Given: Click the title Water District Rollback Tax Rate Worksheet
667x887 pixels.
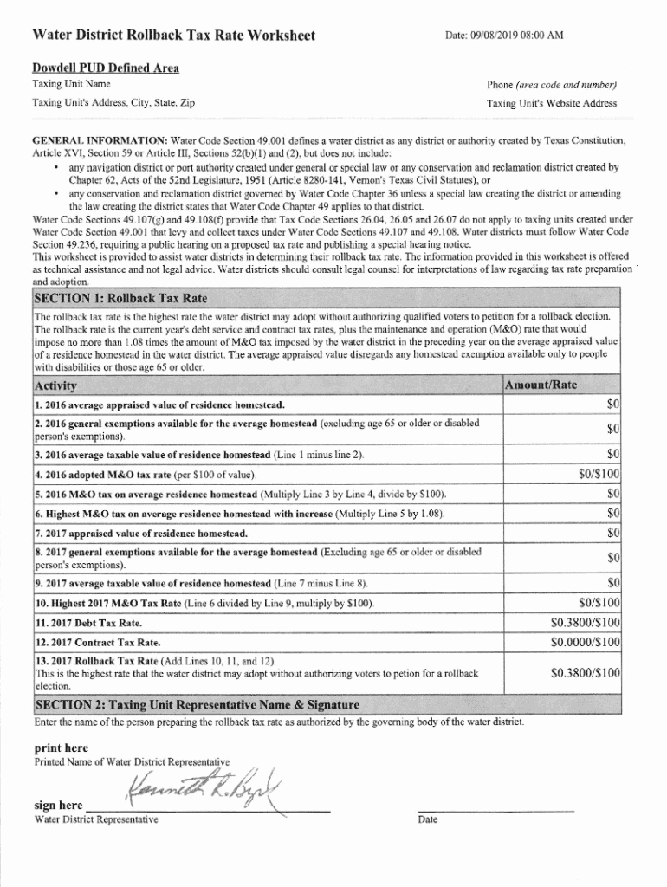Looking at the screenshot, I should (x=173, y=36).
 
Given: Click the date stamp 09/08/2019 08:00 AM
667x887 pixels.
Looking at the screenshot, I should (x=503, y=36).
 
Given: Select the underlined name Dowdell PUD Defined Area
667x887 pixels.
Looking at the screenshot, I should (x=106, y=68).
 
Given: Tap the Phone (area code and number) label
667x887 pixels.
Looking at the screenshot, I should (x=552, y=85).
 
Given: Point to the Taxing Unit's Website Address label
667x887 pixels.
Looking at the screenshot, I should (x=552, y=103).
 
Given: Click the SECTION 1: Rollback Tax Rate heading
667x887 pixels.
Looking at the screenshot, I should (x=120, y=298).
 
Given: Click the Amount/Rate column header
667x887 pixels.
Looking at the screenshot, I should (x=541, y=385).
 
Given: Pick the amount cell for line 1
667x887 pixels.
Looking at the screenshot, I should (x=612, y=405).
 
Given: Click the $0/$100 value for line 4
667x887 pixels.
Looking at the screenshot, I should (x=599, y=474).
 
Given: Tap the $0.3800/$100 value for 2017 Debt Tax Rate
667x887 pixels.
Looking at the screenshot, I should (x=586, y=622).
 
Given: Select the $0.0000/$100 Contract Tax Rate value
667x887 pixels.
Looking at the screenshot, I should (x=586, y=642).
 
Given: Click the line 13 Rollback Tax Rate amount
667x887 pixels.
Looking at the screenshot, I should (x=586, y=672).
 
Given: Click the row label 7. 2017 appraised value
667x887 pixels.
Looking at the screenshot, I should (x=141, y=533).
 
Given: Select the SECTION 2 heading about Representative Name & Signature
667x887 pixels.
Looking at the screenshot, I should (x=197, y=703).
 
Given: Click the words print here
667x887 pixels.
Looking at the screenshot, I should (x=61, y=748).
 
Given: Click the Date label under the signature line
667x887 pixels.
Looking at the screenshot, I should (x=427, y=819).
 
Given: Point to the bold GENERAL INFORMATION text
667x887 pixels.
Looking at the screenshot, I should (x=100, y=139).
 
